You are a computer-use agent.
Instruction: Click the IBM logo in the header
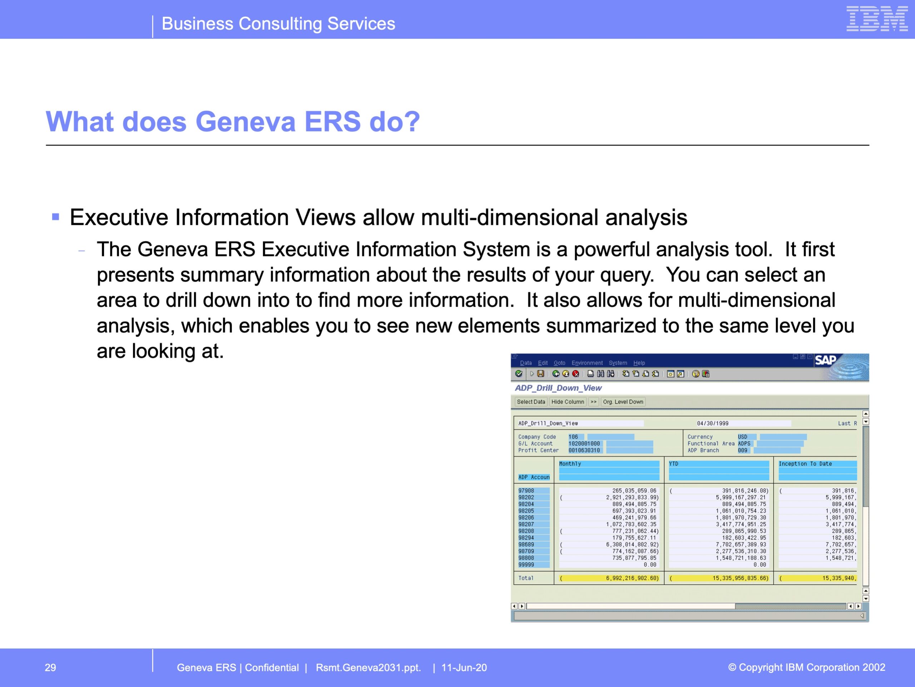[877, 19]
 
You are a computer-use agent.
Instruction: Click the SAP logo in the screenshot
[825, 360]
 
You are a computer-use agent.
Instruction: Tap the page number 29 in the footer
[50, 668]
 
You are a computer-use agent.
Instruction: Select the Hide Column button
[568, 402]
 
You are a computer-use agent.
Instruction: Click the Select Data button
[531, 402]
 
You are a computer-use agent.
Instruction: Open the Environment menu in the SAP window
[587, 363]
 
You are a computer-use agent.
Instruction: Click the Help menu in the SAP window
[639, 363]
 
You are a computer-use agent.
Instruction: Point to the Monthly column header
[570, 464]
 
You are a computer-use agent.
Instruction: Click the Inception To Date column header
[805, 464]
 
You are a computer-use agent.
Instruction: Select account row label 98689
[526, 545]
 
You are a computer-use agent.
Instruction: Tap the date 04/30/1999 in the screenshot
[713, 423]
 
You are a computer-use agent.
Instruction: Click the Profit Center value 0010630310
[584, 450]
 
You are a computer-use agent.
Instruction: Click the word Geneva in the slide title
[245, 121]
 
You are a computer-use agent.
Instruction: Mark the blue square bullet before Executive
[56, 216]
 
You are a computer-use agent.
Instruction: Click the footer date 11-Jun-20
[464, 668]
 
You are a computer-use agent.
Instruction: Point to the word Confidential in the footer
[272, 668]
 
